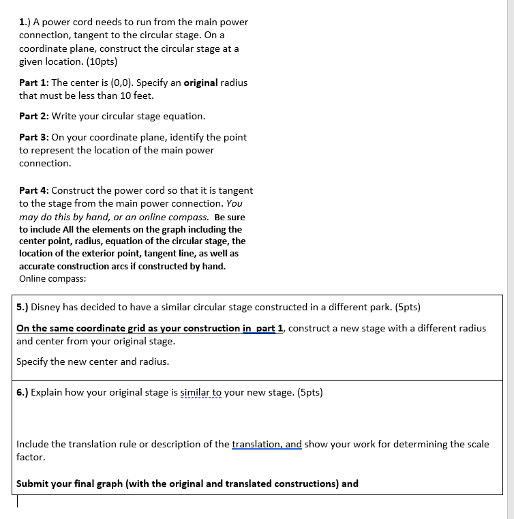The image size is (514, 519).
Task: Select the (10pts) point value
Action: point(100,61)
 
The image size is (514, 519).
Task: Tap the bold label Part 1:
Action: point(33,83)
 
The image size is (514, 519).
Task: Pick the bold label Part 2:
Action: point(34,116)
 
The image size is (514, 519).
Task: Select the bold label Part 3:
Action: point(34,137)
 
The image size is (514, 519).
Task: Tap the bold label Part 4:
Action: point(34,190)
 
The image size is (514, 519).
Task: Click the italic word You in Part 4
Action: point(234,203)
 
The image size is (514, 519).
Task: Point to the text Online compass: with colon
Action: point(52,278)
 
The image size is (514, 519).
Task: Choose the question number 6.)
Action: point(22,392)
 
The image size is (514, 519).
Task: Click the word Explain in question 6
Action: point(48,392)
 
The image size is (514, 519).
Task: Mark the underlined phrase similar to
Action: point(198,392)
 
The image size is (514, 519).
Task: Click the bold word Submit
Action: point(33,484)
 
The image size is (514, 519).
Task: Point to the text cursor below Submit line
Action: point(18,501)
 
